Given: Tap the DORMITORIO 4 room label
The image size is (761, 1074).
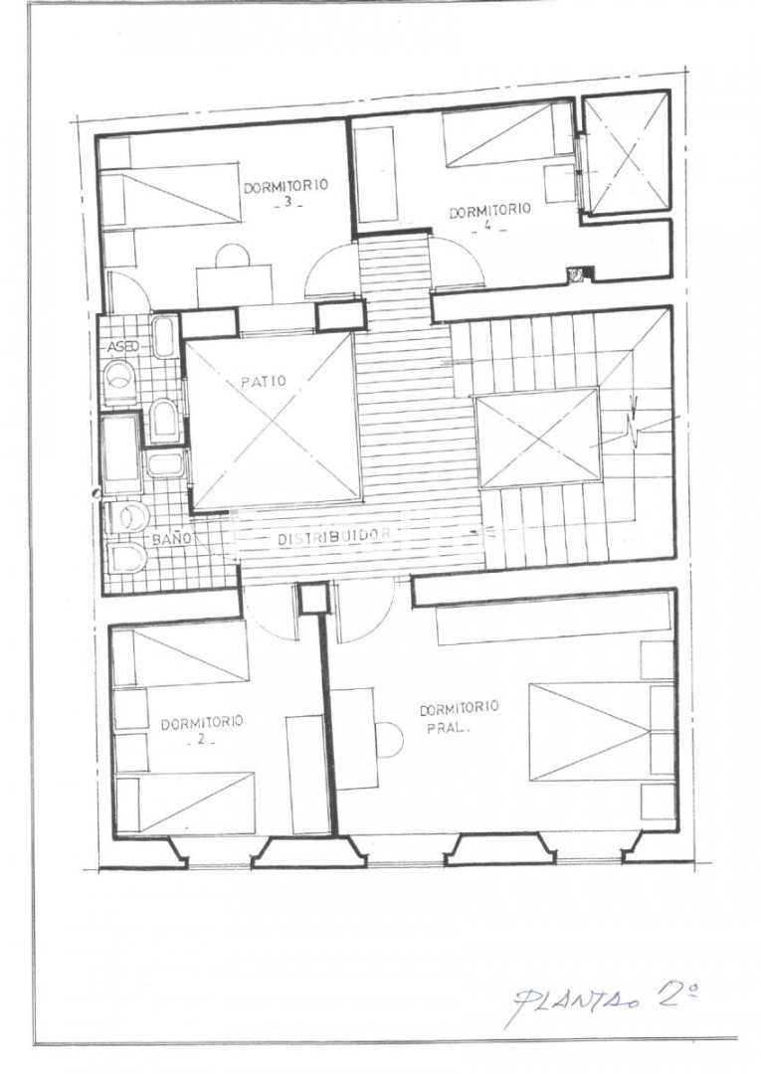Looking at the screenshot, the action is click(489, 217).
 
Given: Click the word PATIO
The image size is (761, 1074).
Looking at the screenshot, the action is click(263, 381).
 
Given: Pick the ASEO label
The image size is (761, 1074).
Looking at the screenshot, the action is click(124, 347).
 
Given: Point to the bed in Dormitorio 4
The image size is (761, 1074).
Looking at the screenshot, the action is click(507, 134).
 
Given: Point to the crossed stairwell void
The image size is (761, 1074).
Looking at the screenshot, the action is click(537, 437).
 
